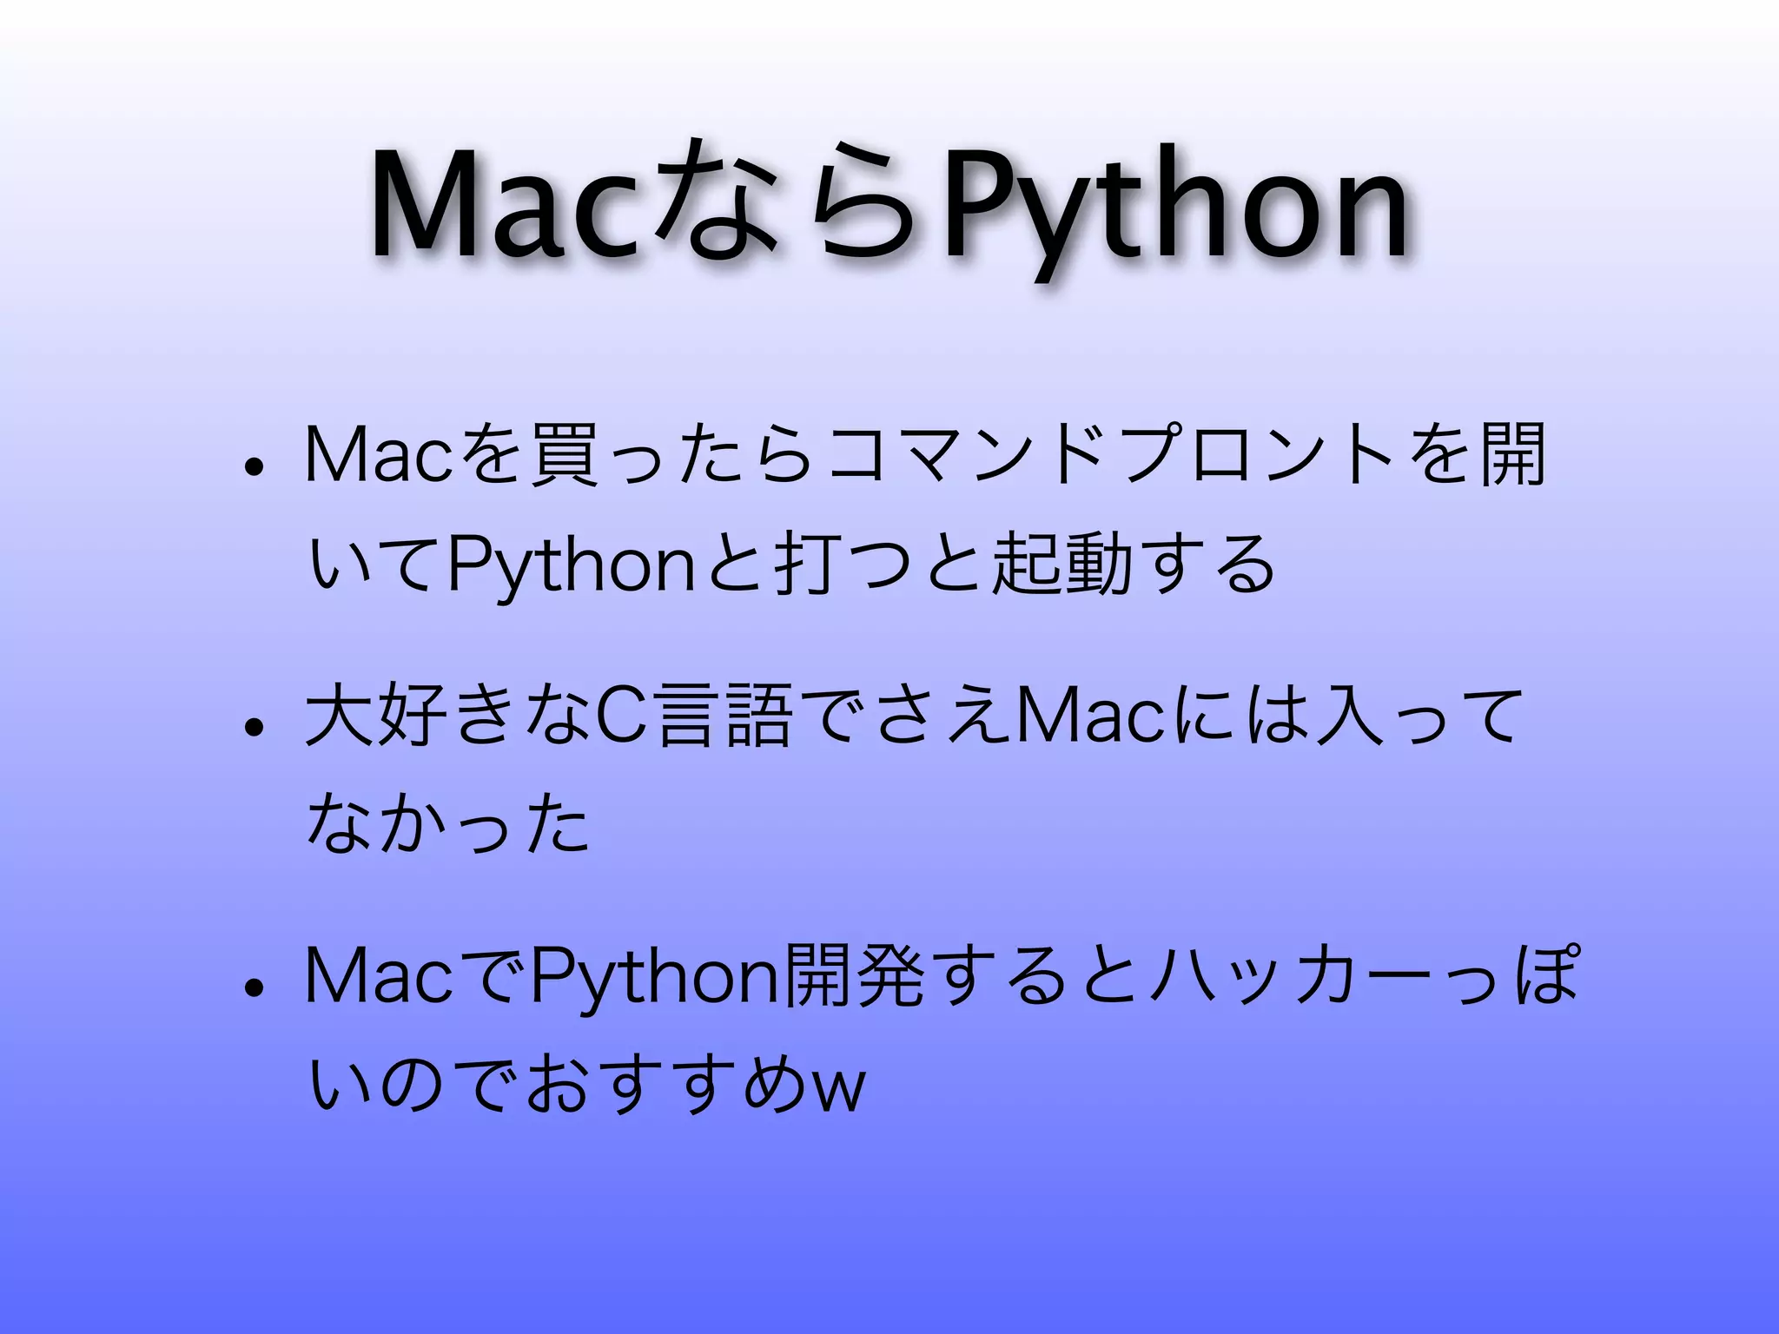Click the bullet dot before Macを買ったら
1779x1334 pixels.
click(254, 468)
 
